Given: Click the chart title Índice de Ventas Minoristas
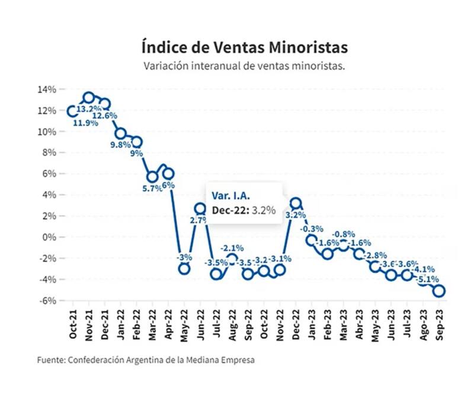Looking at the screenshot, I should (x=244, y=46).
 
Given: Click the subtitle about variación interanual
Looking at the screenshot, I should (x=244, y=66).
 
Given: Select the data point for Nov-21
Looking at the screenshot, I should (x=89, y=98).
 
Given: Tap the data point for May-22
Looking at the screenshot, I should (x=184, y=269).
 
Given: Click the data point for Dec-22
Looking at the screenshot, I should (x=296, y=203).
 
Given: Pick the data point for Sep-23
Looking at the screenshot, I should (x=440, y=291).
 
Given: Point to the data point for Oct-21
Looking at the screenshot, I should (x=73, y=111).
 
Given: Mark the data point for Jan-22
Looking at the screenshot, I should (x=121, y=134).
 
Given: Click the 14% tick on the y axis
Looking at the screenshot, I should (x=47, y=89).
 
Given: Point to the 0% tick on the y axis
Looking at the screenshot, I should (x=50, y=237).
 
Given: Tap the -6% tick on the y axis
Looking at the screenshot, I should (x=47, y=300).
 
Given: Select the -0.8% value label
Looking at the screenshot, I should (x=344, y=234).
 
